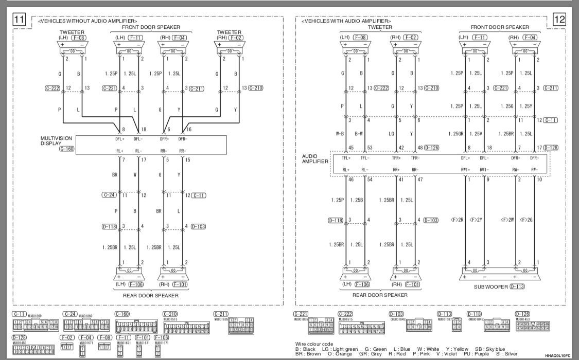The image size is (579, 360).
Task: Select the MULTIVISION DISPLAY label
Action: pos(56,140)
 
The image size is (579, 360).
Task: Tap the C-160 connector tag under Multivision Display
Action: pos(66,149)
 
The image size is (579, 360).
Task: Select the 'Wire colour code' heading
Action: pos(314,343)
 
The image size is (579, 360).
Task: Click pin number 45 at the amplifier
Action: pos(352,148)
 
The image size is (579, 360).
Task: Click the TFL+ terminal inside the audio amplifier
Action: pos(346,158)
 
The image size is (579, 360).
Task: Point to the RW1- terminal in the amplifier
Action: pos(484,169)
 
